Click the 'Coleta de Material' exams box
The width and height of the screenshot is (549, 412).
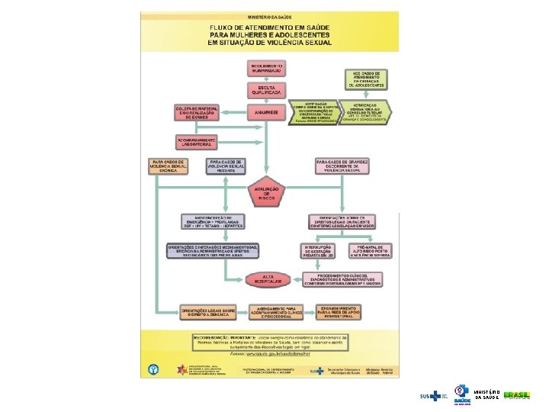coord(196,112)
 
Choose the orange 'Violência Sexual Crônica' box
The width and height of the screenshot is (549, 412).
coord(169,166)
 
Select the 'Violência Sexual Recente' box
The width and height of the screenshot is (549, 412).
coord(226,166)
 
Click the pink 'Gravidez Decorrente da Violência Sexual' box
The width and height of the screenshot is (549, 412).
coord(342,166)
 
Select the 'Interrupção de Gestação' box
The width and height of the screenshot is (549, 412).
coord(317,251)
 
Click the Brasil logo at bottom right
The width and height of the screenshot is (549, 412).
coord(516,396)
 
